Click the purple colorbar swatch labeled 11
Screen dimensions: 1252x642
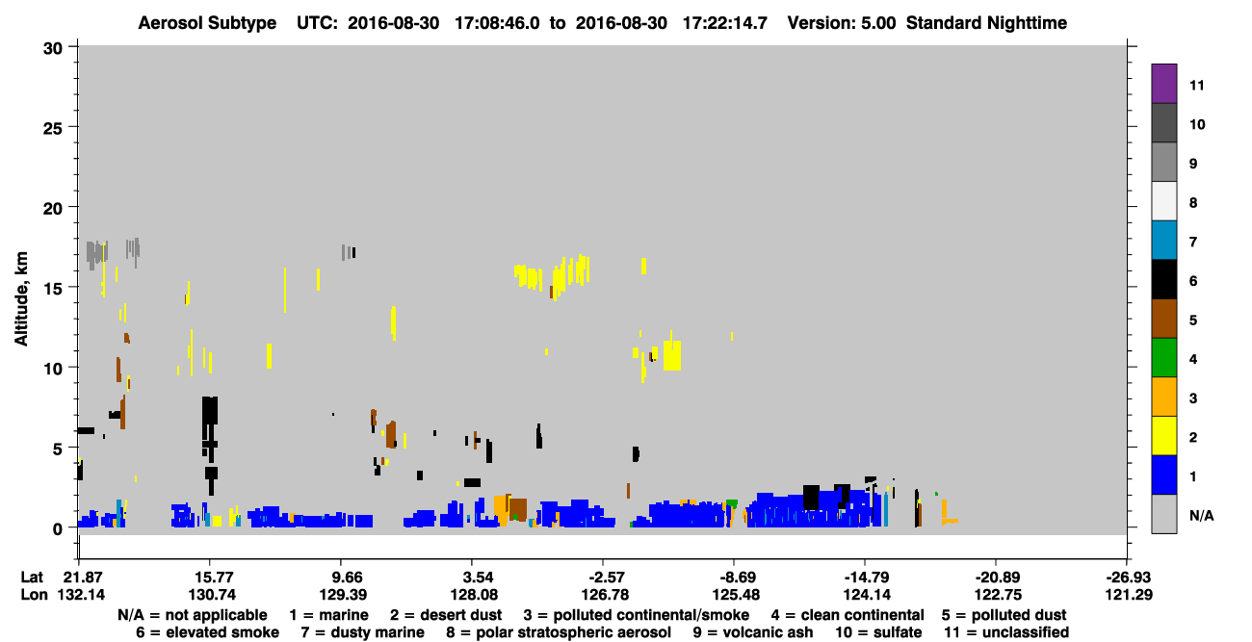point(1163,83)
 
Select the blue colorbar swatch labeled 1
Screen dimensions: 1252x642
point(1163,475)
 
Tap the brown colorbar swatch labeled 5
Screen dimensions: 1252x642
point(1163,319)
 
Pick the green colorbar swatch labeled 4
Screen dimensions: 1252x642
point(1163,358)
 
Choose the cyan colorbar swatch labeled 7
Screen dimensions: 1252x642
point(1163,241)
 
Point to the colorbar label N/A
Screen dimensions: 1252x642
point(1201,515)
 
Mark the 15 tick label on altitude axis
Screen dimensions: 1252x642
point(53,289)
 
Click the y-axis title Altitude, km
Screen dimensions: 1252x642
point(20,299)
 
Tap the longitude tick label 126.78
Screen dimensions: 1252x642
point(606,595)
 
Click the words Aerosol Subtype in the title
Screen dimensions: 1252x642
point(207,23)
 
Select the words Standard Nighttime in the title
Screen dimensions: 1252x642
point(986,23)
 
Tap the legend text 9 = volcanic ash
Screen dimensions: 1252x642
point(753,632)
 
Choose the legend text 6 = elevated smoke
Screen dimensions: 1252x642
point(207,632)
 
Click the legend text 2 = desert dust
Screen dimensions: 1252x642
point(446,615)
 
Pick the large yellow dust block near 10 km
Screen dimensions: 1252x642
point(672,355)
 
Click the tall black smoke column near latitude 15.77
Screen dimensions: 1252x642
point(210,436)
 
